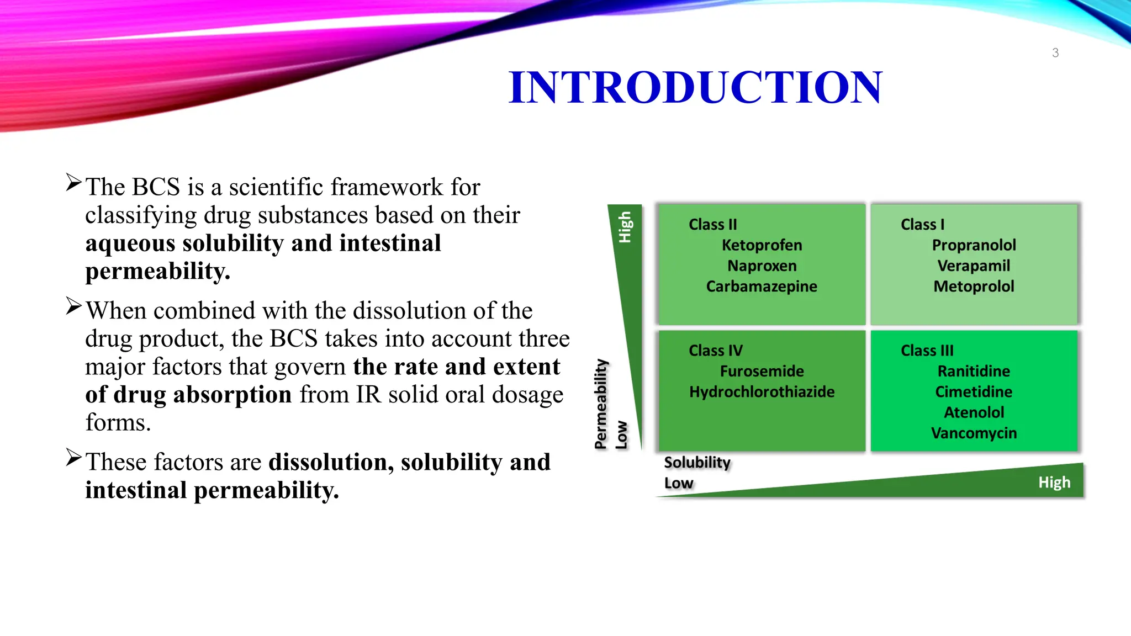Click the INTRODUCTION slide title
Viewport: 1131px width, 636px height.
click(695, 87)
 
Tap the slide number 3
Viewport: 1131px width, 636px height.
click(1055, 53)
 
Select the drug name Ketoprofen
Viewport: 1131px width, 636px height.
click(762, 245)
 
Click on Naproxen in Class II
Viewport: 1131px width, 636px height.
click(762, 266)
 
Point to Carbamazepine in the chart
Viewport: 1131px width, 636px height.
click(762, 287)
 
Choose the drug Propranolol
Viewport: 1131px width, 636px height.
click(974, 245)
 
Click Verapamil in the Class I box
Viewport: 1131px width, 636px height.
click(974, 266)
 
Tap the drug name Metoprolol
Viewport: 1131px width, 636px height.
click(974, 287)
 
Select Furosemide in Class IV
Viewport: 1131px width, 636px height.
click(762, 371)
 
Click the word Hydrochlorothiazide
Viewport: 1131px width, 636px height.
click(762, 392)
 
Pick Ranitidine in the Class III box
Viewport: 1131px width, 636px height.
click(974, 371)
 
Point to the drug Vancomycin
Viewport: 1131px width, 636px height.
click(974, 433)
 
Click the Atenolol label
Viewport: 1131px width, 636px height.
click(974, 412)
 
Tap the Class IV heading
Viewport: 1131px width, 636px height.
click(715, 351)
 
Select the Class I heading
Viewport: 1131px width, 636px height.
click(922, 225)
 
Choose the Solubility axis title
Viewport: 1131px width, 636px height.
click(697, 462)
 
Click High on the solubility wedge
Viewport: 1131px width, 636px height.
click(1054, 483)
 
